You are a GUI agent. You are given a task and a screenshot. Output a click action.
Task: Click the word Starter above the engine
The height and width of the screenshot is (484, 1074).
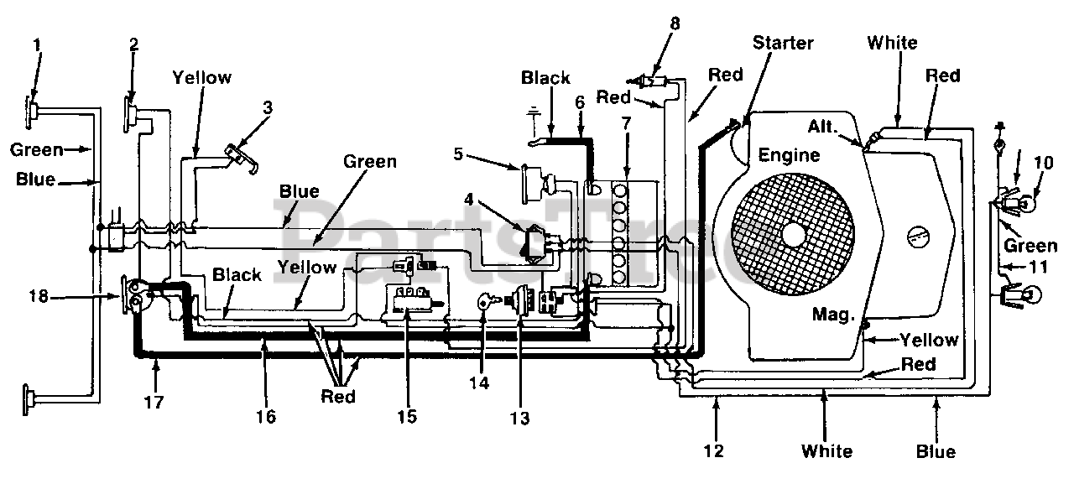(783, 43)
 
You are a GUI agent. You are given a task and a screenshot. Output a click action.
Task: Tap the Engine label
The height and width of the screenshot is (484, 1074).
(789, 156)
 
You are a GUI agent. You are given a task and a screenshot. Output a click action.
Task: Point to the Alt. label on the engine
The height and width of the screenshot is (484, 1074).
(823, 127)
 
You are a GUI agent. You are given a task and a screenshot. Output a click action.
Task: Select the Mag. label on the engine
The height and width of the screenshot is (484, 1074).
(833, 315)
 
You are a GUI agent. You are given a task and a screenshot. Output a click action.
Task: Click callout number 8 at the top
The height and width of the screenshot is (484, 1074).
(675, 23)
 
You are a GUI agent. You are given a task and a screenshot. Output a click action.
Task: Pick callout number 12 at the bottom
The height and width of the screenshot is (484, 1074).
(713, 451)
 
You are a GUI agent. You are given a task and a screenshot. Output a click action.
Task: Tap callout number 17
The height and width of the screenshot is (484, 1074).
(154, 403)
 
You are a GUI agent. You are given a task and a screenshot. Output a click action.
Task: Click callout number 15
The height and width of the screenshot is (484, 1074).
(407, 417)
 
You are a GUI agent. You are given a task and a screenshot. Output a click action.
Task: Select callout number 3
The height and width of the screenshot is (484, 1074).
(268, 107)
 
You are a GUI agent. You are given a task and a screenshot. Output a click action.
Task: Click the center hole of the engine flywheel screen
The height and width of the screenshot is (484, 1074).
(794, 234)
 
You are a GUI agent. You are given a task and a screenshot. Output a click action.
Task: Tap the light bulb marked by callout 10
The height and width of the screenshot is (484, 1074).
(1025, 205)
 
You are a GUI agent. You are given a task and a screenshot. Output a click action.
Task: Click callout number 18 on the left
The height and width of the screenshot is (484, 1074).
(39, 297)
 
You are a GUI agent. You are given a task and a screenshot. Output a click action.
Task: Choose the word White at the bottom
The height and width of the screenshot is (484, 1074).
(826, 451)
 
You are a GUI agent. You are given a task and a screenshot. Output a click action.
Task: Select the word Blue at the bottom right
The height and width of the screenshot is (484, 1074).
(936, 451)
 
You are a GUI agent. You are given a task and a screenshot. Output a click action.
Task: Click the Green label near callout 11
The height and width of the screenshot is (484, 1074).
(1030, 246)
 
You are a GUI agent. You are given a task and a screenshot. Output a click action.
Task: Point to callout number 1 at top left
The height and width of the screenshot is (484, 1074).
(38, 45)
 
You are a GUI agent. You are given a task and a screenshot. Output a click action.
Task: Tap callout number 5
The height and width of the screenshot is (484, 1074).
(458, 154)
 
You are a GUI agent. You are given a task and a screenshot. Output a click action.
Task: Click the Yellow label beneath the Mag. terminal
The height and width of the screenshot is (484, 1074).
(929, 340)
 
